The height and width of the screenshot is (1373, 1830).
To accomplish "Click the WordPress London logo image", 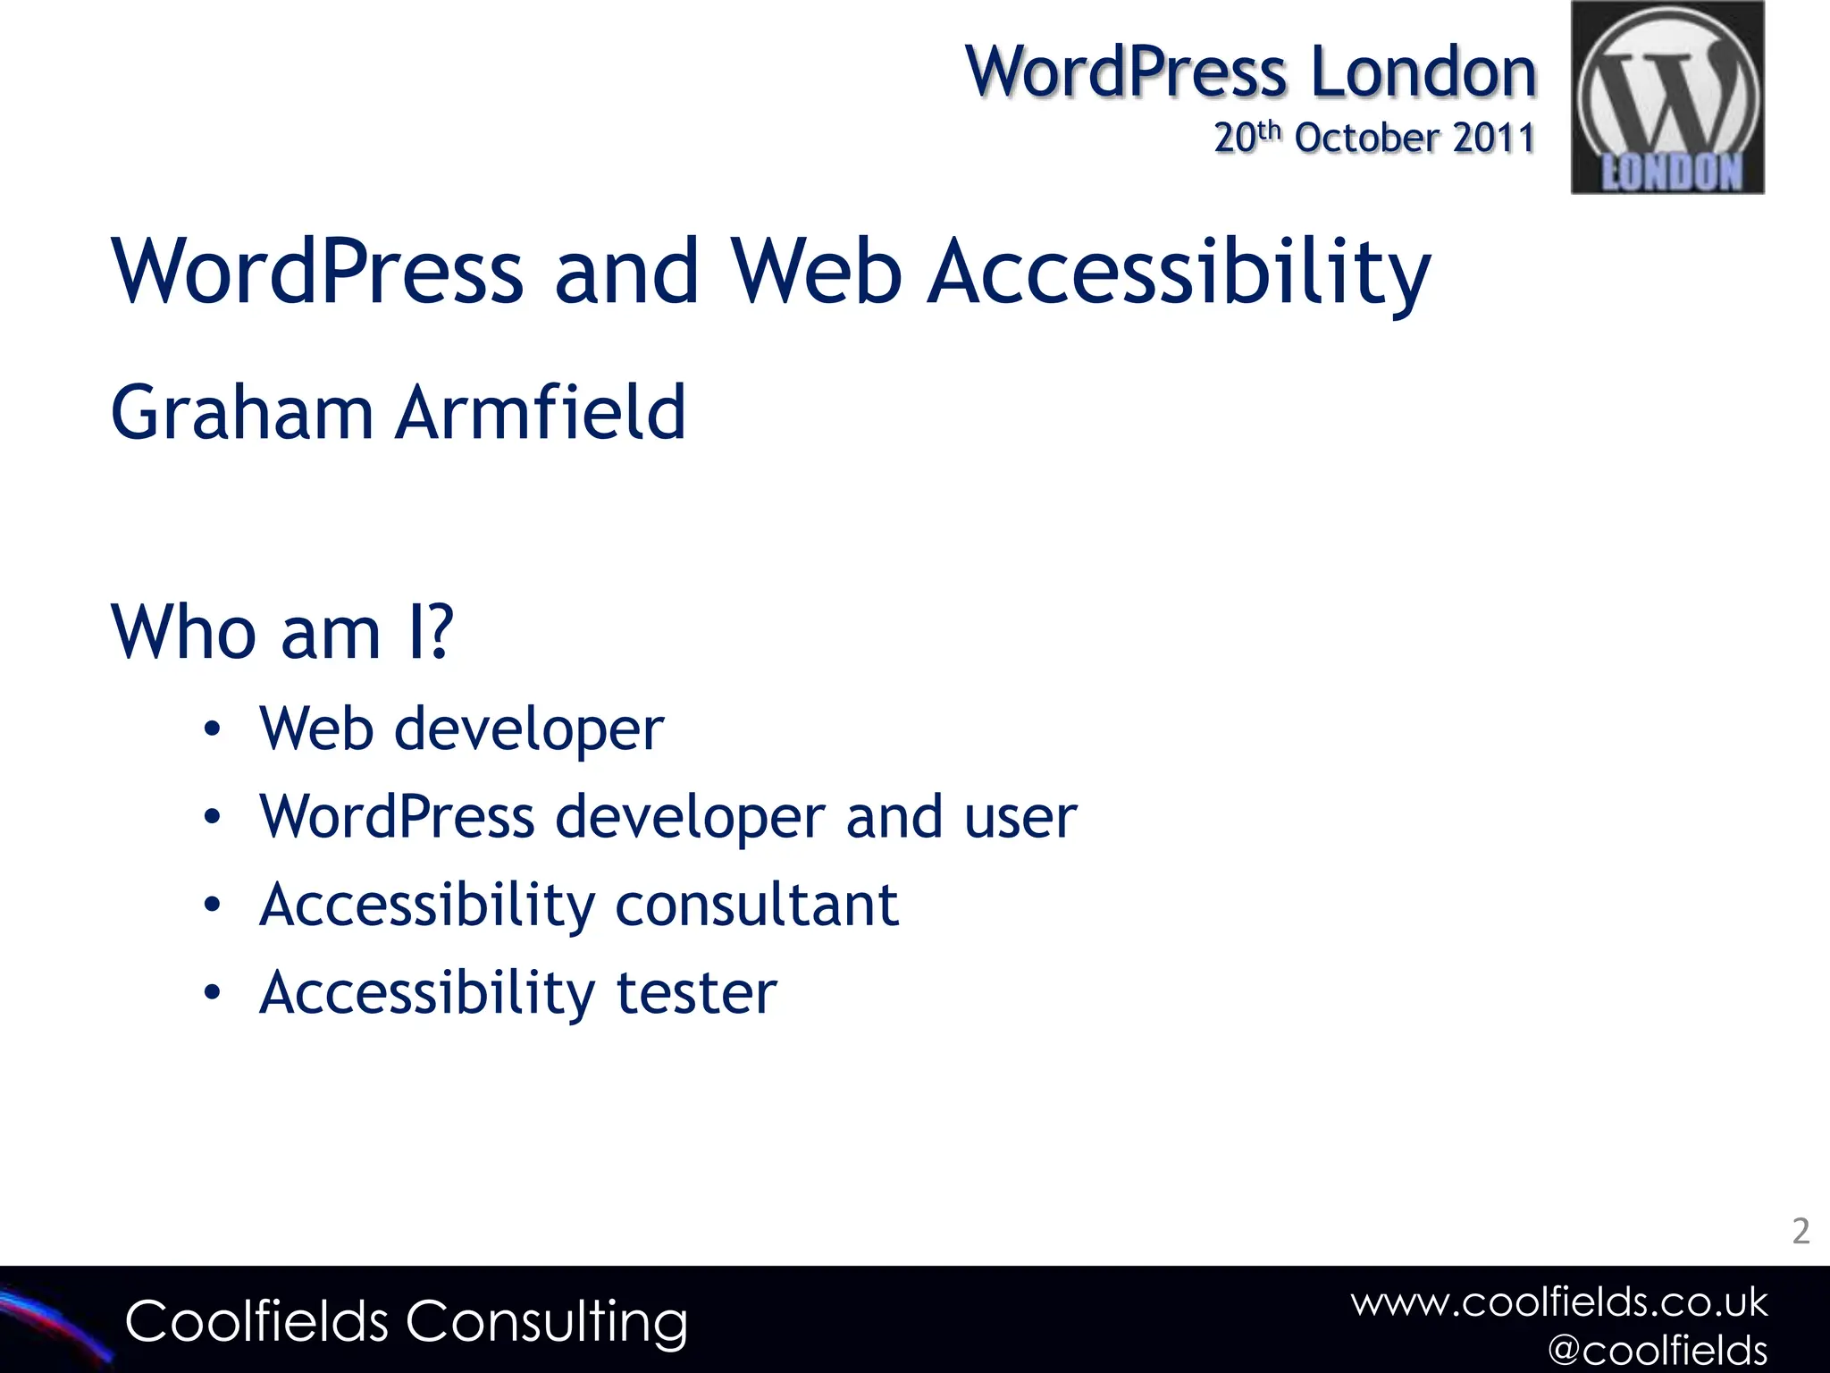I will [1667, 97].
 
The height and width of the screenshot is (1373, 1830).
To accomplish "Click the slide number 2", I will [1801, 1232].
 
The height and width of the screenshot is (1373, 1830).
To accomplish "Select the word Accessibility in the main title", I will [1179, 273].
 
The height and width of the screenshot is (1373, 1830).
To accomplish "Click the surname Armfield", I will [541, 413].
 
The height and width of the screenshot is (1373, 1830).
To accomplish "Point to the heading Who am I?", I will [282, 633].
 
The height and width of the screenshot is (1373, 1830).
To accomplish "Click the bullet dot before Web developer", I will [212, 729].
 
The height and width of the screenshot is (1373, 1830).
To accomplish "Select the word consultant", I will [757, 906].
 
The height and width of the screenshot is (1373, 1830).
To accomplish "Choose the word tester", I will [697, 993].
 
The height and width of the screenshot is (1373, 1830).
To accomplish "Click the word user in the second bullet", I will [1020, 817].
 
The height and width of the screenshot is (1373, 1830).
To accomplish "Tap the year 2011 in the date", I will [1493, 139].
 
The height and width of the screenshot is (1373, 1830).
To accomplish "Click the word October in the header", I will [1367, 139].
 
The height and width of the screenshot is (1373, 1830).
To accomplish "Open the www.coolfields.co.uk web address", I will [1558, 1302].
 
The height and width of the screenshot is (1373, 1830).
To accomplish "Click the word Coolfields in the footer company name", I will [256, 1321].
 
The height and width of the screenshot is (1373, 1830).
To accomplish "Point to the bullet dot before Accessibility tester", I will [212, 992].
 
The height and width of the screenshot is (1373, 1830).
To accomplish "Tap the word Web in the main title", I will [816, 273].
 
